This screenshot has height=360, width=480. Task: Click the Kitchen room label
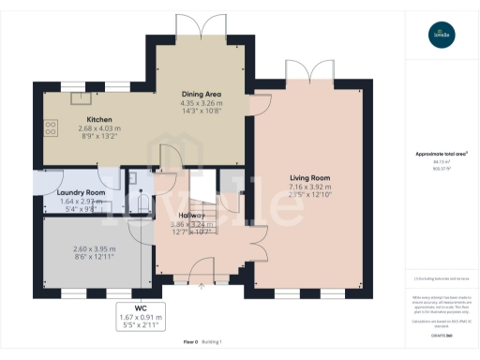[x=100, y=120]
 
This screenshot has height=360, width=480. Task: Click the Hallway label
[x=195, y=216]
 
